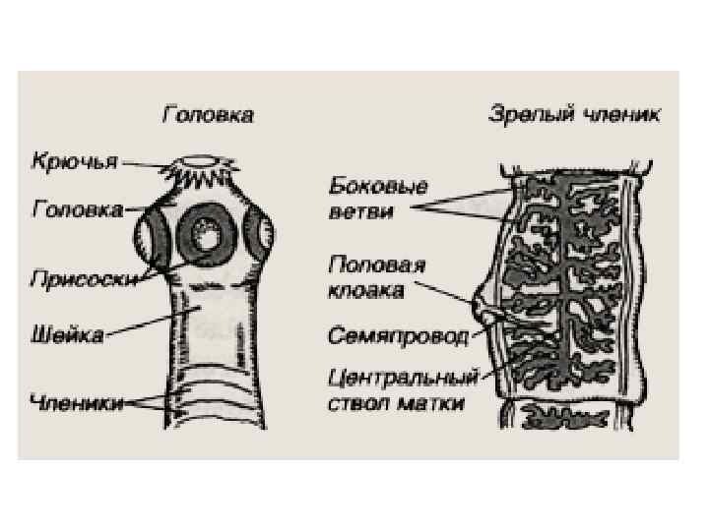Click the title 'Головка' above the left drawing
[208, 116]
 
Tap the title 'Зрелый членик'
[575, 115]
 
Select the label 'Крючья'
[74, 160]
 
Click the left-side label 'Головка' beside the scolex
[78, 209]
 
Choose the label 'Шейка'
[67, 336]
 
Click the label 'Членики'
[76, 400]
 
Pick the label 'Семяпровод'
[397, 336]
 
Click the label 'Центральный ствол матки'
[403, 390]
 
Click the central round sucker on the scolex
[208, 235]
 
